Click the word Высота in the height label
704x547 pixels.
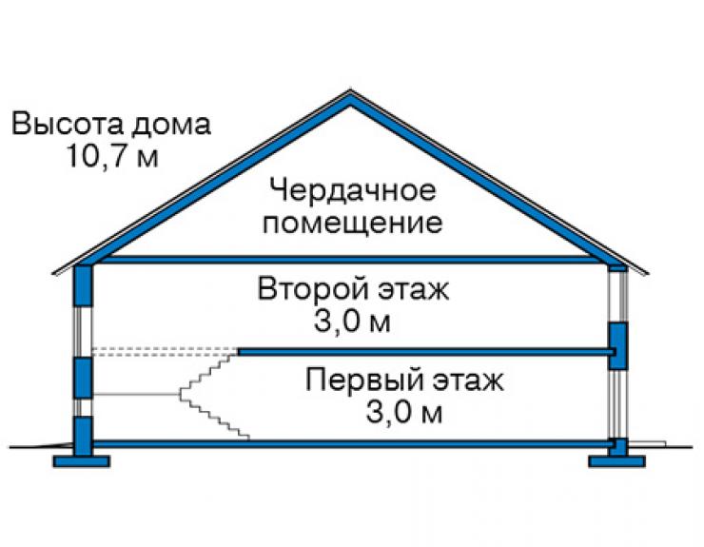[68, 124]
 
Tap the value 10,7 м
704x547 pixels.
[112, 156]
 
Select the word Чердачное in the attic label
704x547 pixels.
[353, 190]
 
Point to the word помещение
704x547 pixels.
[352, 223]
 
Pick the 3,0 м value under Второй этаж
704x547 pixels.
[352, 322]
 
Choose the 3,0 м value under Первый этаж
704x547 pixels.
[404, 412]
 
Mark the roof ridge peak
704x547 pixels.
[351, 91]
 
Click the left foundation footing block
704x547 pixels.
[81, 461]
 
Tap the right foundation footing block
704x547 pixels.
[617, 461]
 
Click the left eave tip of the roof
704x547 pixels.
[54, 272]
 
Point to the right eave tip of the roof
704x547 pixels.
[648, 273]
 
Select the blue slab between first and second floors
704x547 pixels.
[426, 352]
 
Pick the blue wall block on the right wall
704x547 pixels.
[617, 346]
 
